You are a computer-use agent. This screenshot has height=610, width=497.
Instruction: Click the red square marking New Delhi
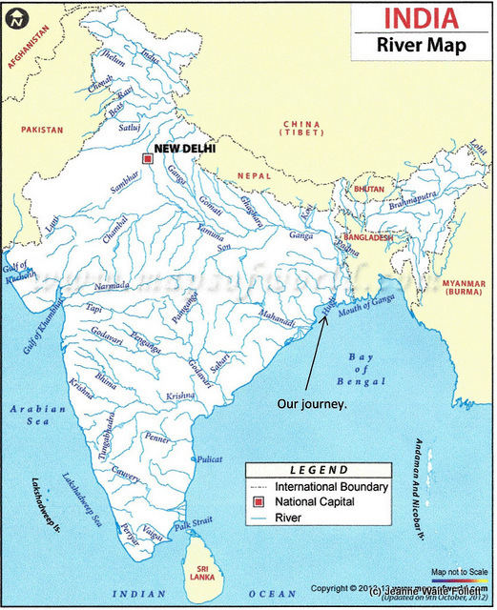tap(147, 158)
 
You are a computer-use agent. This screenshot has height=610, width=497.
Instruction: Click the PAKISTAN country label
tap(39, 129)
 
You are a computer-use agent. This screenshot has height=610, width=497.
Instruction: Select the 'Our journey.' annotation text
tap(312, 403)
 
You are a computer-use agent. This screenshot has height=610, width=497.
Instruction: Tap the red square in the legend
tap(257, 501)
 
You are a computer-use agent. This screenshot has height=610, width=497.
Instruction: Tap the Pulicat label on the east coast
tap(221, 459)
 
